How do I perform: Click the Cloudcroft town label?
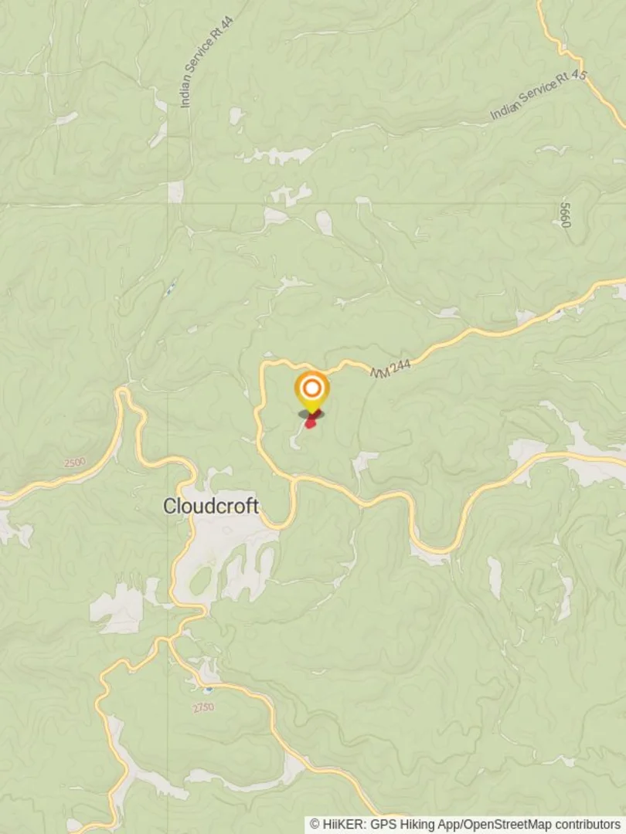pos(210,507)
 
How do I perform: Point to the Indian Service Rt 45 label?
pos(539,96)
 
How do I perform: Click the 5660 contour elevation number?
pos(566,214)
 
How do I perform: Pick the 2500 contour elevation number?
pos(75,463)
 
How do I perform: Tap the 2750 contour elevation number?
pos(203,707)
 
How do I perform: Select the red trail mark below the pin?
pos(311,421)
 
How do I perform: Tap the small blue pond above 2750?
pos(208,687)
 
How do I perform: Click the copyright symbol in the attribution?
pos(315,825)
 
